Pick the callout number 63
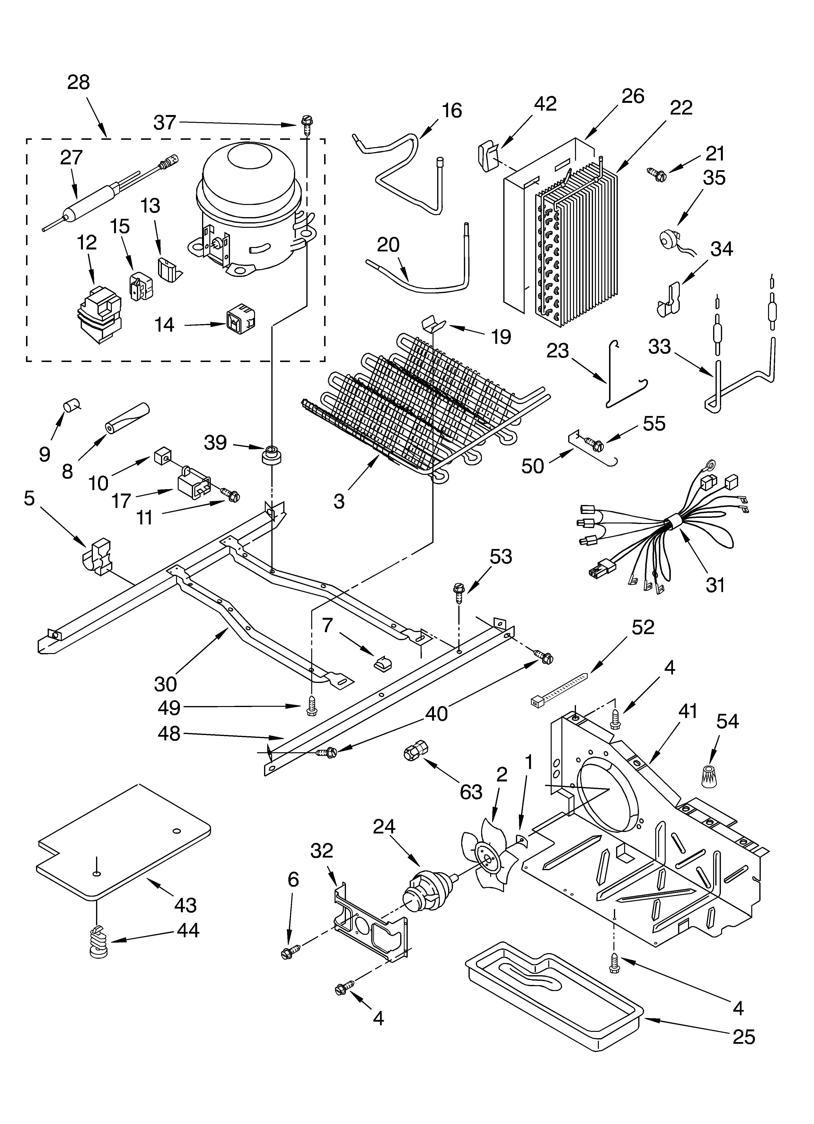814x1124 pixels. click(470, 791)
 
